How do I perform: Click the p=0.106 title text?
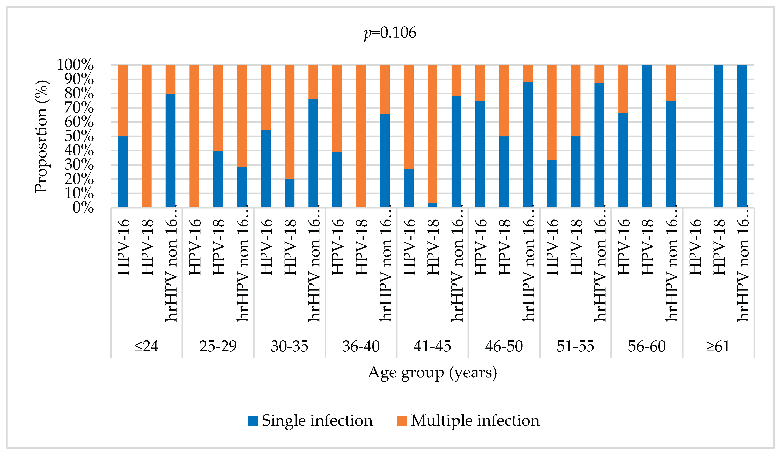[390, 33]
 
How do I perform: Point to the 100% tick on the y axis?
[75, 65]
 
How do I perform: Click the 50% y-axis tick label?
[79, 136]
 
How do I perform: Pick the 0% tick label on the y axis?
[83, 207]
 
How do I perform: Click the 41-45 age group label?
[432, 346]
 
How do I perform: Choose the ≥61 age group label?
[718, 346]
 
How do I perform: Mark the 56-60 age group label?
[647, 346]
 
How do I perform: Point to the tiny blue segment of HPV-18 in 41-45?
[432, 205]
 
